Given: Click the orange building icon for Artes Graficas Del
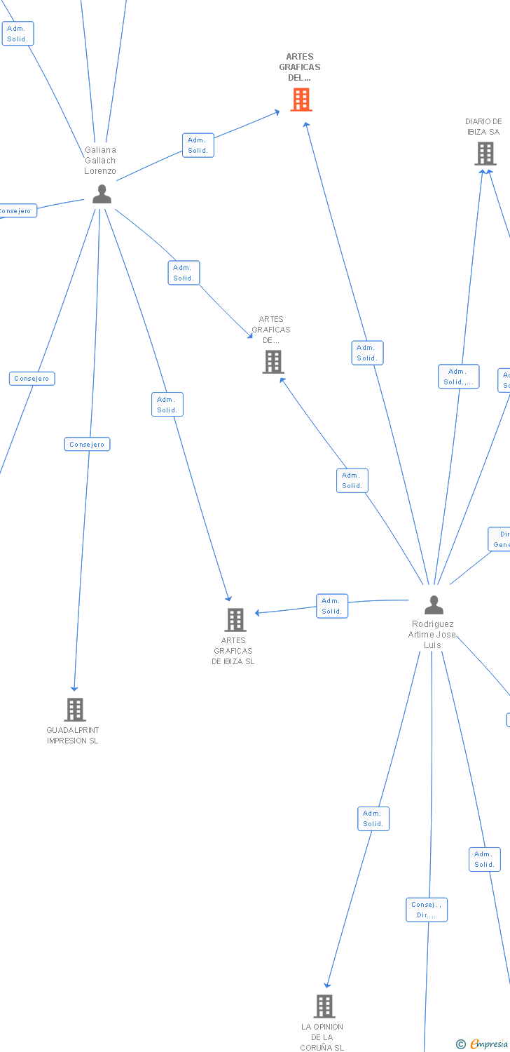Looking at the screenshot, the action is (301, 100).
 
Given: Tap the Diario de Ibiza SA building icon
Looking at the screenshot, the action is (485, 154).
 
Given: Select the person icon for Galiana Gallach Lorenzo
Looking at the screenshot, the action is (102, 194).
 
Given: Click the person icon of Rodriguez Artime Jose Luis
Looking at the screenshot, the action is (434, 605).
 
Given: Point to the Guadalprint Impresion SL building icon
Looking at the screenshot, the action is (75, 710).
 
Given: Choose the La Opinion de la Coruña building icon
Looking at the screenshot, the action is (324, 1006).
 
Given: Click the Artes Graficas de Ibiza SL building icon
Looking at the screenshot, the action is (235, 620).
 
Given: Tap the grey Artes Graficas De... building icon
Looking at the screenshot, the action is (273, 362).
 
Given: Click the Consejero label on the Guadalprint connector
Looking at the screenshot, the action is (87, 445).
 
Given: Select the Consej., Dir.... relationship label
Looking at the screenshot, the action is (426, 910).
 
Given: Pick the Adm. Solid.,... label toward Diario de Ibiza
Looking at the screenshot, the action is (458, 377).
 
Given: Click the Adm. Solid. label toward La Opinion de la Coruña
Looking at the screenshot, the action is (373, 818).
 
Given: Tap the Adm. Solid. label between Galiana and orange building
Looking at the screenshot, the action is (198, 145).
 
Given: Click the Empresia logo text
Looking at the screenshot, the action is (489, 1044).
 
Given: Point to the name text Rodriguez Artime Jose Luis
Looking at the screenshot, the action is (433, 634).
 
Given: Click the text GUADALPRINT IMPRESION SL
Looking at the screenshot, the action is (72, 735).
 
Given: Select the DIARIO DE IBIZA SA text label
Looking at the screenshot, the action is (483, 126).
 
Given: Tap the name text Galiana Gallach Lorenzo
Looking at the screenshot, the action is (100, 160).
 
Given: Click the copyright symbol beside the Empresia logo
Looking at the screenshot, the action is (461, 1045).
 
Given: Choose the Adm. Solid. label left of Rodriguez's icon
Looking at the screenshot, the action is (332, 606).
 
